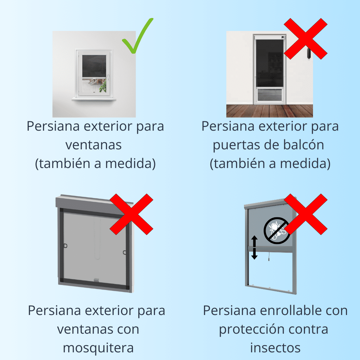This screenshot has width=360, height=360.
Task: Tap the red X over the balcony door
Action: pyautogui.click(x=305, y=39)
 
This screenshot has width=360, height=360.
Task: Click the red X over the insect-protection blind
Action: pyautogui.click(x=306, y=214)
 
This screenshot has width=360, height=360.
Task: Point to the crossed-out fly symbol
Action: pyautogui.click(x=276, y=230)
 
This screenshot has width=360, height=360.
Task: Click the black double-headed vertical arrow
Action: pyautogui.click(x=254, y=247)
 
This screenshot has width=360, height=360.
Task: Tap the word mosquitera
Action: pyautogui.click(x=98, y=347)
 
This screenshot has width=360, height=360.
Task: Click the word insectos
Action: pyautogui.click(x=275, y=347)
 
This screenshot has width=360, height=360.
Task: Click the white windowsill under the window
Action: pyautogui.click(x=94, y=99)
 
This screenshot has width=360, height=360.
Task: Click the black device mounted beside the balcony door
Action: pyautogui.click(x=308, y=53)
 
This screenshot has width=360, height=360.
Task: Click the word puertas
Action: pyautogui.click(x=235, y=145)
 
